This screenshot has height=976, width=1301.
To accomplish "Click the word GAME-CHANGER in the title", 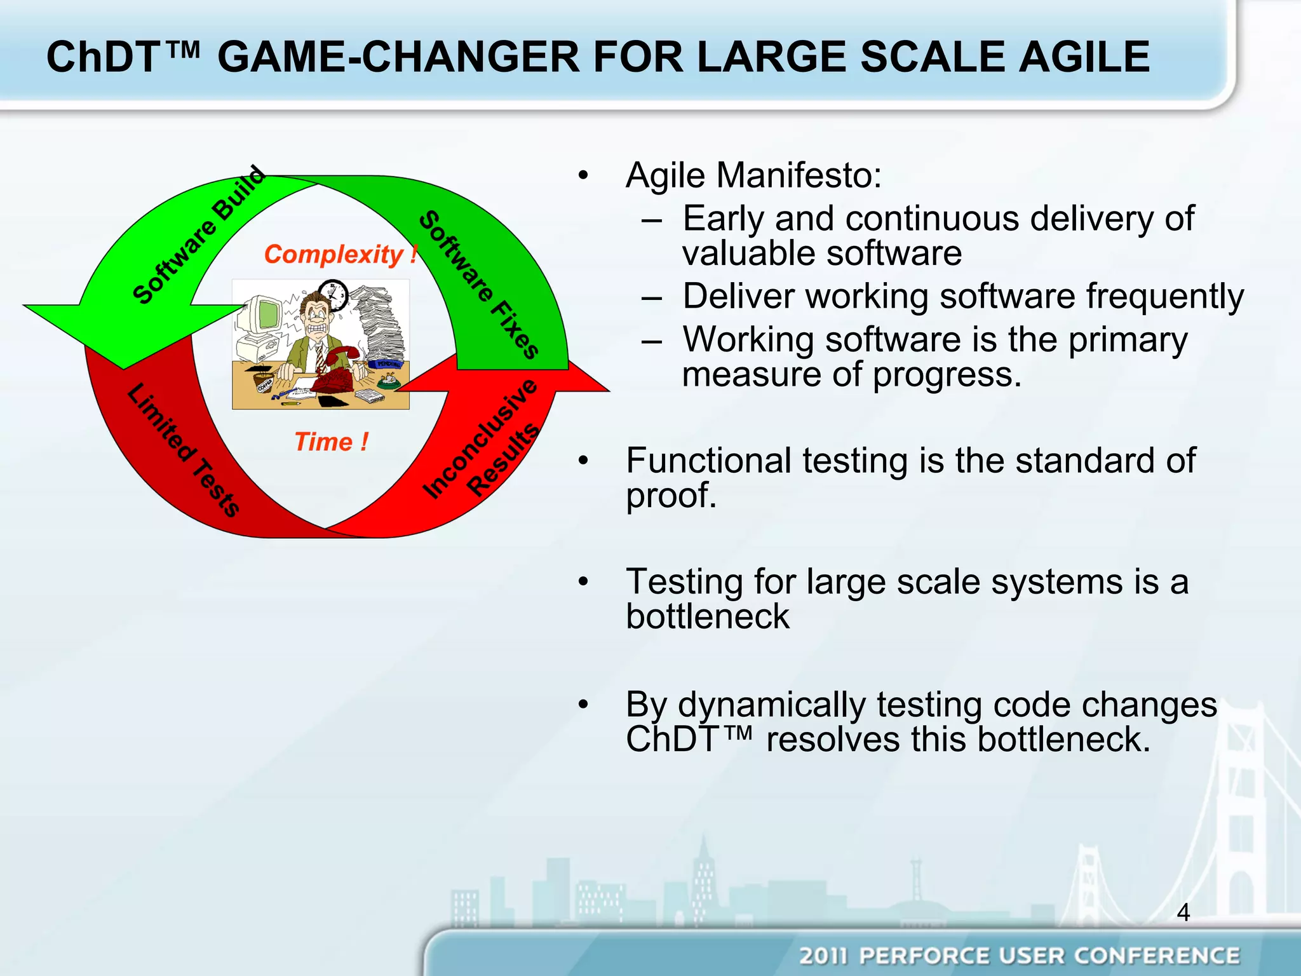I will click(398, 57).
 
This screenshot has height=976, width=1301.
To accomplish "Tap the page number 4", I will click(1183, 912).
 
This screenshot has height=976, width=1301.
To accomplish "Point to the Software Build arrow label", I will click(198, 235).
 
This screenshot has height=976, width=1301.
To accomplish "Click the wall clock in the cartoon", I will click(334, 294).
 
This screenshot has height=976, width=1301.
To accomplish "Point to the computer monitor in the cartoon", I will click(264, 316).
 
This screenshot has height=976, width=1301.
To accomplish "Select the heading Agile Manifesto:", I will click(753, 175).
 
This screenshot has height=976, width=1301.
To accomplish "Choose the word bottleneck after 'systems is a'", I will click(707, 616).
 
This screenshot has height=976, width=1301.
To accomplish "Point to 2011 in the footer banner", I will click(824, 956).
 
